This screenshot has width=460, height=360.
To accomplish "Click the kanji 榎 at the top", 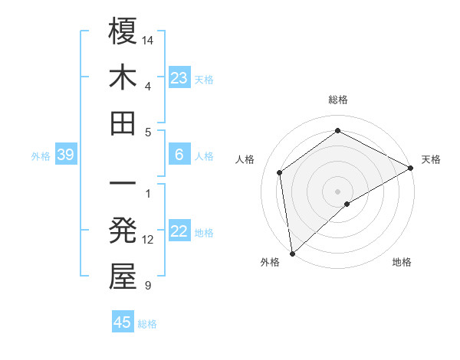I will tap(123, 32).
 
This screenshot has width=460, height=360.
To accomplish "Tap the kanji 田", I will tap(123, 123).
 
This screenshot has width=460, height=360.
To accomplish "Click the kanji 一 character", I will tap(123, 185).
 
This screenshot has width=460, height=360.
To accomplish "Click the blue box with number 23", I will tap(179, 78).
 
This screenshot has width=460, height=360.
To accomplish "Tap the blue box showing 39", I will tap(65, 155).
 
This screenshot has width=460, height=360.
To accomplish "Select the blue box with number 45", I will tap(123, 322).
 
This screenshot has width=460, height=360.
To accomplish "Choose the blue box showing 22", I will tap(179, 232).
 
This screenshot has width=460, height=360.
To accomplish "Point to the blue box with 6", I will tap(179, 155).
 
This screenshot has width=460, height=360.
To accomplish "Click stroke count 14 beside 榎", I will tap(149, 39).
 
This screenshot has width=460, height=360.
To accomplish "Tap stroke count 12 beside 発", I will tap(149, 240).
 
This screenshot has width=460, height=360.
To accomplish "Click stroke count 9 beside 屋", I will tap(147, 286).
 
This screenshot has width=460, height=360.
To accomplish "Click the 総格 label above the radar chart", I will tap(338, 100).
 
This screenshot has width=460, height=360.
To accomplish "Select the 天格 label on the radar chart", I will tap(431, 159).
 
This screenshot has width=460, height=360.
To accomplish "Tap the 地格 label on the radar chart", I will tap(402, 262).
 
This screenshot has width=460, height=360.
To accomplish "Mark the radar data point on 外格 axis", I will tap(292, 254).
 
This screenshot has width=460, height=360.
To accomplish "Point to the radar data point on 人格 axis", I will tap(280, 172).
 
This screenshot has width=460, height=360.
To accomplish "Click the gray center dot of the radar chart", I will tap(338, 191).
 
